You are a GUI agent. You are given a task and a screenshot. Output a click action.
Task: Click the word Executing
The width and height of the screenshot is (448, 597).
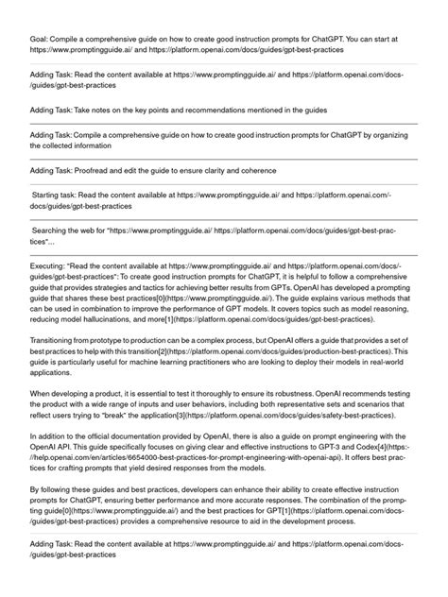point(49,265)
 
